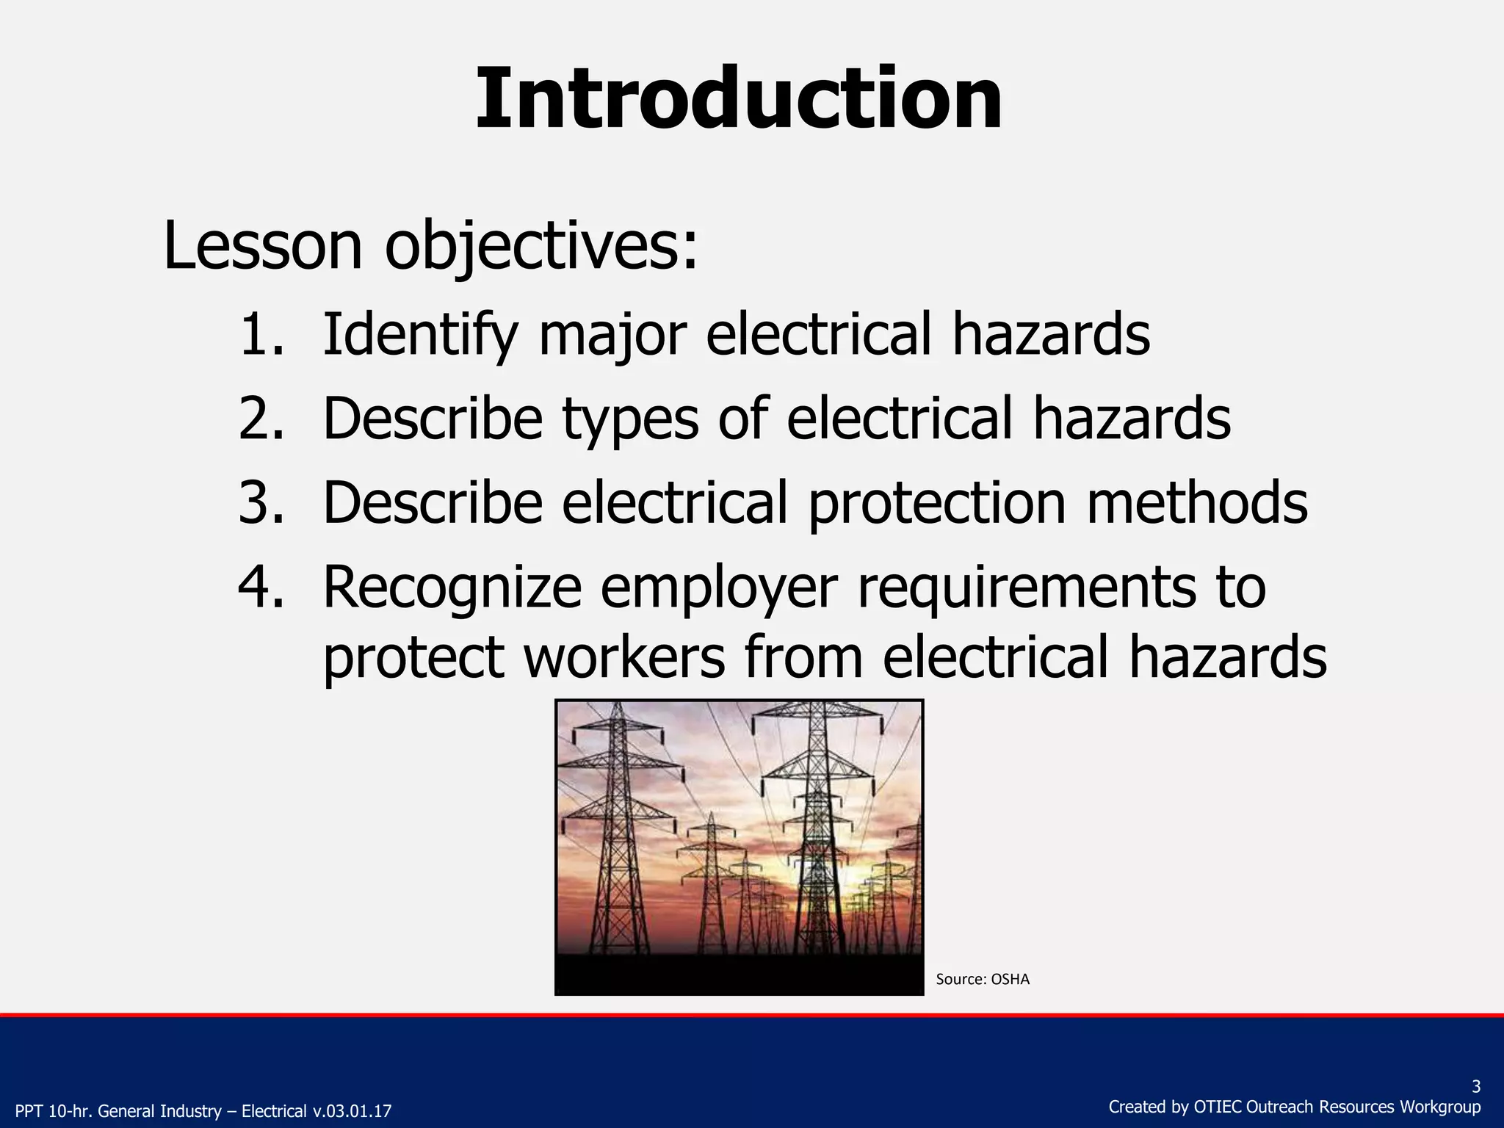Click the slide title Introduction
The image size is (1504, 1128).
point(739,99)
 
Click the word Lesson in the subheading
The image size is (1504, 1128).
point(263,246)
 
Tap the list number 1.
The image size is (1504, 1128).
point(261,335)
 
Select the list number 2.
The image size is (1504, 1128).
point(261,419)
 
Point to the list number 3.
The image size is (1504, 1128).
point(261,503)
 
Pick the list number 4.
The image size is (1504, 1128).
point(261,587)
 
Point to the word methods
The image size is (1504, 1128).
point(1197,503)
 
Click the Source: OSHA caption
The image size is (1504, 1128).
point(983,979)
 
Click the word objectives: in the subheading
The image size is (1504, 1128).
point(541,247)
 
